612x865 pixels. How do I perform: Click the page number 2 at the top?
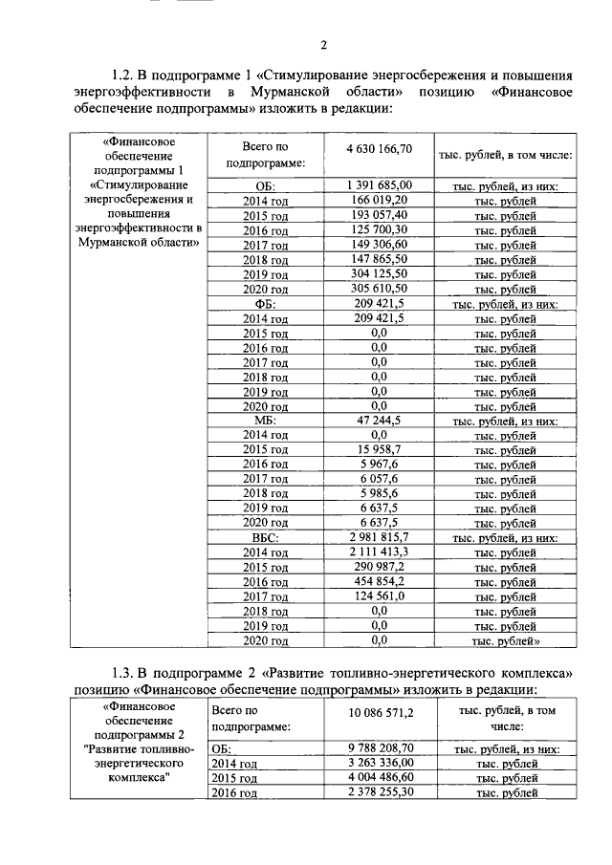(323, 45)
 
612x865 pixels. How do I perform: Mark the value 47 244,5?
(379, 420)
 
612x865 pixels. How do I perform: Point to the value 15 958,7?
(379, 449)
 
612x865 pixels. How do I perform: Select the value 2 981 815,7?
(379, 537)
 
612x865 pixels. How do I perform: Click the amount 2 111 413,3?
(379, 551)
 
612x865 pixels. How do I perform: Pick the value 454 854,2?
(379, 581)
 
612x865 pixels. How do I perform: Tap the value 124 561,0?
(379, 595)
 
